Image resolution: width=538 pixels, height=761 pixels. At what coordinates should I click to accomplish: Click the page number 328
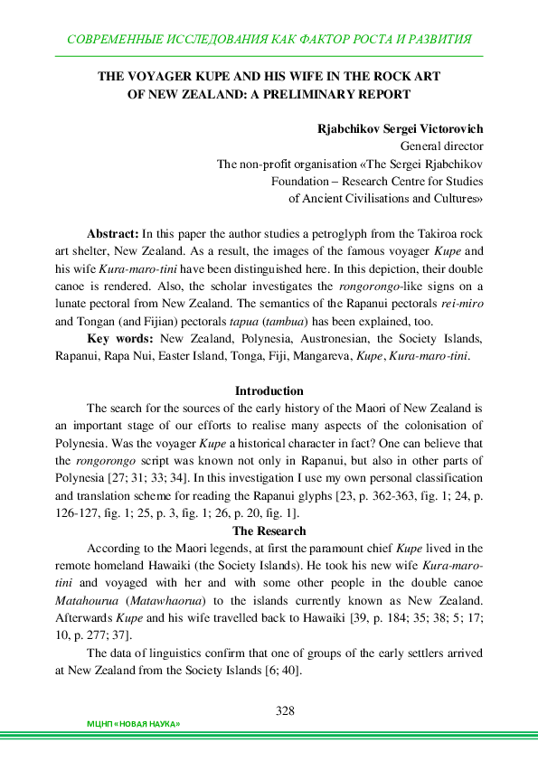(x=286, y=710)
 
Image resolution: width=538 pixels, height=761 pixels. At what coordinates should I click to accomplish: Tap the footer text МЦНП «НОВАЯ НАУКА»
(x=133, y=725)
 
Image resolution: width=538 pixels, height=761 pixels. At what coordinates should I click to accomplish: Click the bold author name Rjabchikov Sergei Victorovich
(x=400, y=129)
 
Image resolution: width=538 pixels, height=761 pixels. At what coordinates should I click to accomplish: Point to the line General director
(x=441, y=146)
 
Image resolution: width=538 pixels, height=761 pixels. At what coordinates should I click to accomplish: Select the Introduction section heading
(x=269, y=390)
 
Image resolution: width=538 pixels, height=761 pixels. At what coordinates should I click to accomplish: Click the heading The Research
(x=269, y=531)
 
